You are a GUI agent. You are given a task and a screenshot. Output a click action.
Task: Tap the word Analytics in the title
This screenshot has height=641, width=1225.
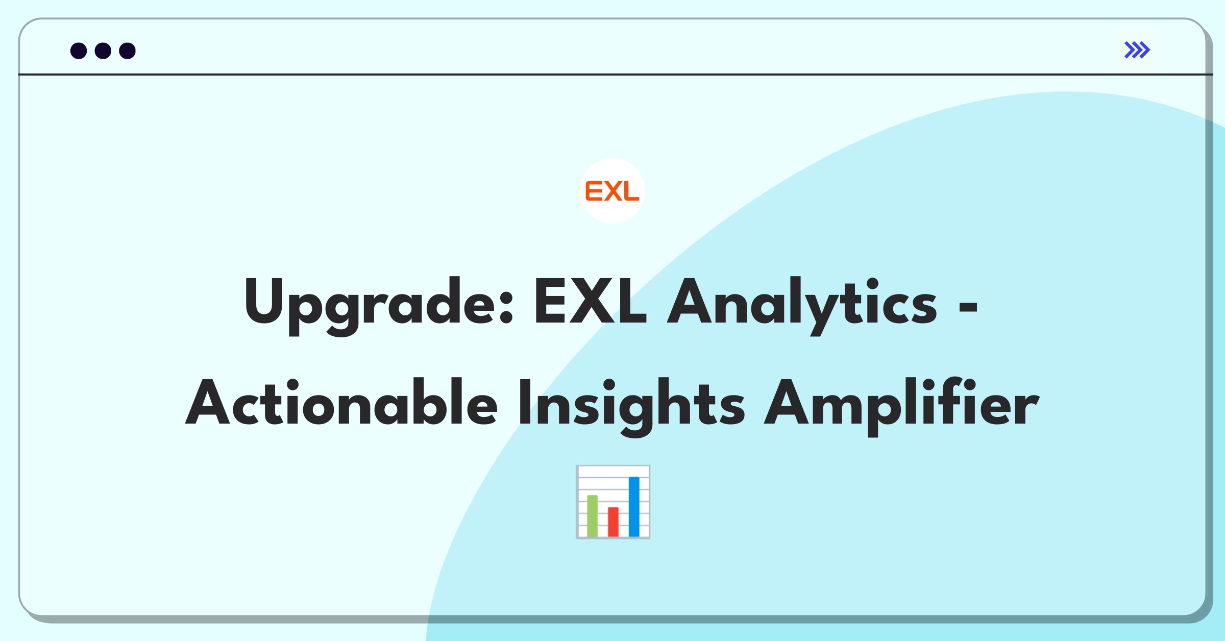(802, 306)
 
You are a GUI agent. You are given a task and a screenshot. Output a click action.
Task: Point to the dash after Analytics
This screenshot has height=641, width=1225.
(968, 307)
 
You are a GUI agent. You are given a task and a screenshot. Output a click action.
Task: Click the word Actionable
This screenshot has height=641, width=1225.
(341, 402)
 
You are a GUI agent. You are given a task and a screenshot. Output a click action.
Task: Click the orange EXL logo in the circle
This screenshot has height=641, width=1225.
(612, 191)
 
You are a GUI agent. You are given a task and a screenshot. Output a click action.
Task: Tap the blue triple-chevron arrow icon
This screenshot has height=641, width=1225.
(1137, 50)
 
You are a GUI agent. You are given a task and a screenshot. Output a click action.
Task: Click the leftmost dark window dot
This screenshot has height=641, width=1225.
(79, 51)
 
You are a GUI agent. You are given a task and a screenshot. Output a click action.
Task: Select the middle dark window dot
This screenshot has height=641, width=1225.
(103, 51)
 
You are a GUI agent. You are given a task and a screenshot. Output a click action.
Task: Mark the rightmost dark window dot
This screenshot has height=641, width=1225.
(127, 51)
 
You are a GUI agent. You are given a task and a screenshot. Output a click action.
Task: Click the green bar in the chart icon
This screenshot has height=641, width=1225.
(592, 515)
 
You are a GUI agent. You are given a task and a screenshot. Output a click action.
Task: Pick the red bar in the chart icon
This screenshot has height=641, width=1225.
(613, 522)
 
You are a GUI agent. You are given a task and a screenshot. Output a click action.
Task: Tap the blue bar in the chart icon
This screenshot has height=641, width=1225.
(634, 506)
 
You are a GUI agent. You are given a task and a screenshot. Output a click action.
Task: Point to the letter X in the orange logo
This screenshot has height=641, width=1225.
(612, 191)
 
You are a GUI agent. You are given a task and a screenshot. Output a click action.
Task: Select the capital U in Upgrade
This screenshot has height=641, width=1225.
(263, 302)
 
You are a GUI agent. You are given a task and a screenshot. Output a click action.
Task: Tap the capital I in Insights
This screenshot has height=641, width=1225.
(524, 402)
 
